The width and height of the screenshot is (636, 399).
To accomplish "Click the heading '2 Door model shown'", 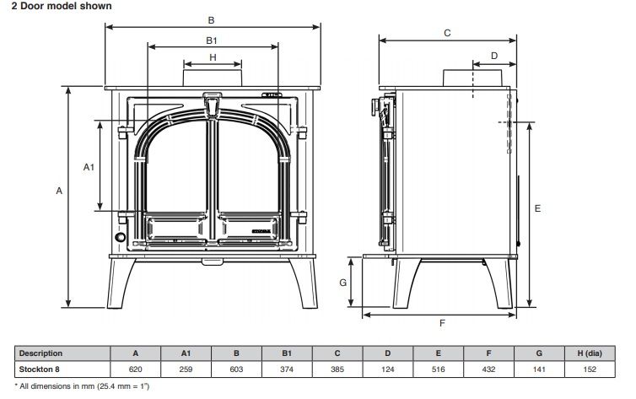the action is (x=62, y=6).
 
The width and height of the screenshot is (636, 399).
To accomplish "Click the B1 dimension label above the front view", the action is (x=212, y=40).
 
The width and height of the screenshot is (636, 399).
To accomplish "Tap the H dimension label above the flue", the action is (x=213, y=57).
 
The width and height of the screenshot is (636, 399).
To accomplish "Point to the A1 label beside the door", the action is (x=89, y=167).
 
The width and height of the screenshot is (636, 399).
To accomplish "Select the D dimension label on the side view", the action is (x=494, y=56).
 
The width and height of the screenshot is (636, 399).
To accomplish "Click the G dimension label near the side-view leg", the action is (x=342, y=283).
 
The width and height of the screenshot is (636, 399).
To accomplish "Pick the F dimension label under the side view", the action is (x=442, y=323).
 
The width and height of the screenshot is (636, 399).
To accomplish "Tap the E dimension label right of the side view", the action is (x=537, y=208).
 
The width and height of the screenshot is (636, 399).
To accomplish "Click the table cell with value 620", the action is (x=136, y=369).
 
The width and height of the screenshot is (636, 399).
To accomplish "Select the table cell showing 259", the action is (x=186, y=369).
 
